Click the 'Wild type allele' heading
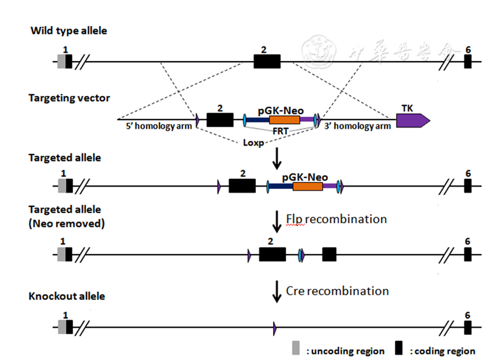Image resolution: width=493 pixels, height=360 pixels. click(x=68, y=30)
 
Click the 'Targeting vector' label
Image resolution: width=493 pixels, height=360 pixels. click(x=69, y=98)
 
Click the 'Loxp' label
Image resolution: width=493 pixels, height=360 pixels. click(x=254, y=142)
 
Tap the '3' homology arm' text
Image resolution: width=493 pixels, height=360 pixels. click(x=358, y=126)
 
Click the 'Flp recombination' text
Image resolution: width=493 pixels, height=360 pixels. click(x=336, y=219)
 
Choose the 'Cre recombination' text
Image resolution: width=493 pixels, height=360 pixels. click(x=337, y=291)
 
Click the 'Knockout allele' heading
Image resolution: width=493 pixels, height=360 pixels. click(x=67, y=296)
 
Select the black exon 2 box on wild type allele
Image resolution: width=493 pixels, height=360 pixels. click(x=266, y=61)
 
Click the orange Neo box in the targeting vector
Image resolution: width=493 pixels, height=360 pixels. click(x=284, y=119)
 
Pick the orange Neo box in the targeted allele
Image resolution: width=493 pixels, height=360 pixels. click(x=307, y=186)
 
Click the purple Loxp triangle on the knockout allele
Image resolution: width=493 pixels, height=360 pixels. click(x=274, y=327)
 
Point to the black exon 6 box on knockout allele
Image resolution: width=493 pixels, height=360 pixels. click(x=467, y=327)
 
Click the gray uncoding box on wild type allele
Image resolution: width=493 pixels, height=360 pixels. click(x=61, y=61)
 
